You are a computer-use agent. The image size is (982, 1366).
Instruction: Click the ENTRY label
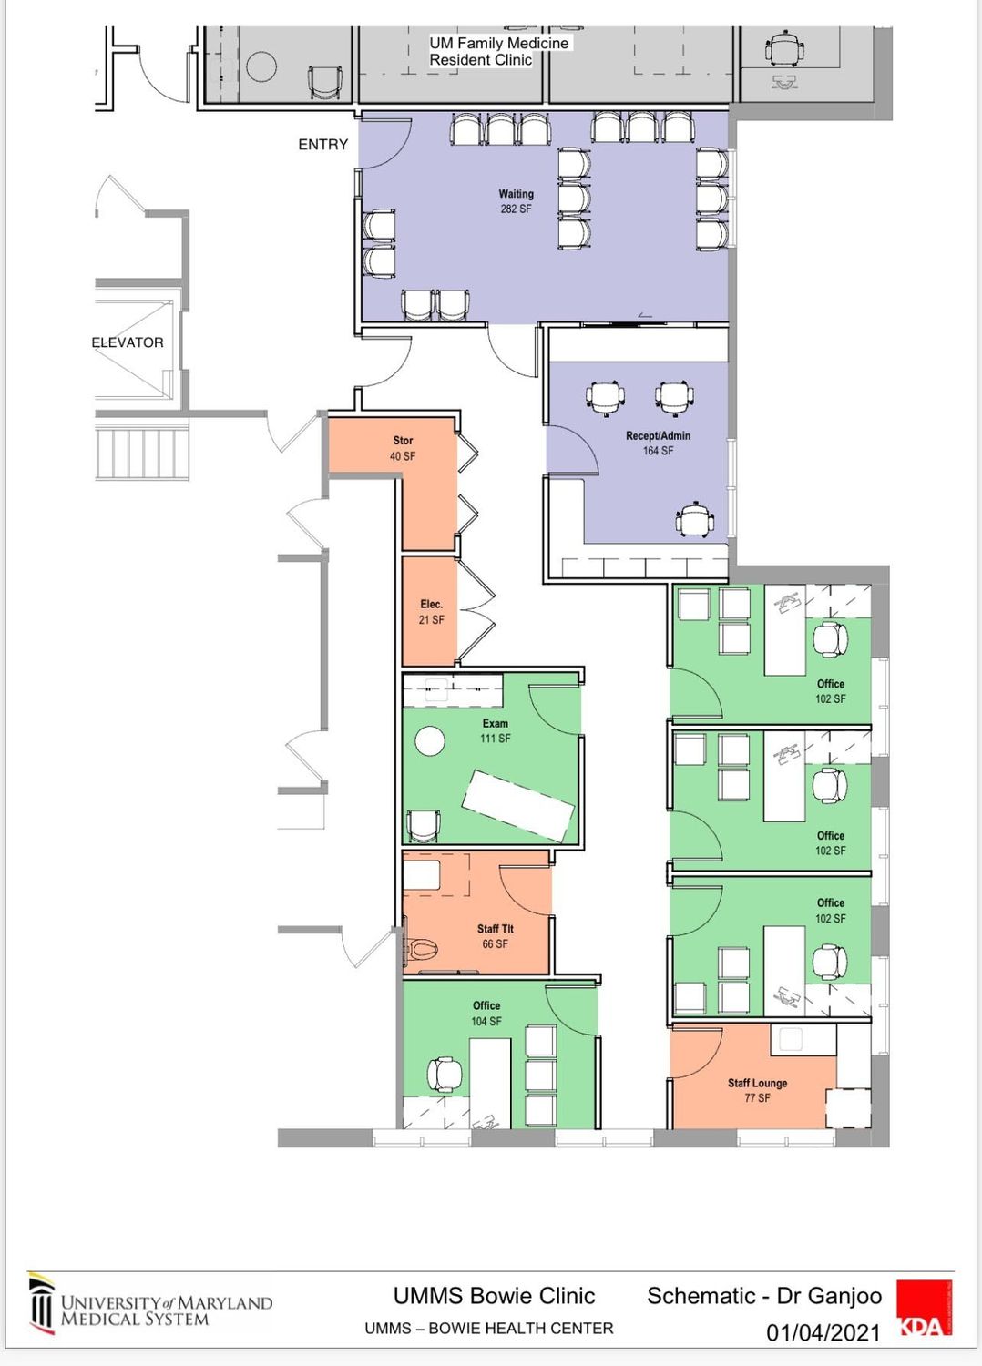coord(322,145)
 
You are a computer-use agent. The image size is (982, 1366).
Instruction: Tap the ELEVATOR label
coord(128,342)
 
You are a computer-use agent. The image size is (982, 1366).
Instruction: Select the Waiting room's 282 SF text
coord(516,209)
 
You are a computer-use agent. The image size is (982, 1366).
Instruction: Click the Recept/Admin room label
coord(658,435)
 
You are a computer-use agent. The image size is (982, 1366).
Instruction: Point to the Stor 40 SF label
coord(403,448)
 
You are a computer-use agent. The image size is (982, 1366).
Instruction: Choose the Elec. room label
coord(431,605)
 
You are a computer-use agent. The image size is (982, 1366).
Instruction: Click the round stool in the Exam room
coord(430,741)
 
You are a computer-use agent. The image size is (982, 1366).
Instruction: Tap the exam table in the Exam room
coord(517,806)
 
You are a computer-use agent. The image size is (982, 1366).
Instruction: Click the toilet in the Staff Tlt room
coord(422,948)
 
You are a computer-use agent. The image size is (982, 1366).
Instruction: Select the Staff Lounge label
coord(757,1083)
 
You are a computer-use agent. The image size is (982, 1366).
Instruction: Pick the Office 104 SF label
coord(486,1013)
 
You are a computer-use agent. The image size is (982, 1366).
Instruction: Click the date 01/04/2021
coord(823,1333)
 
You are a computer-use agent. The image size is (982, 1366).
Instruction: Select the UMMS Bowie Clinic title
coord(494,1295)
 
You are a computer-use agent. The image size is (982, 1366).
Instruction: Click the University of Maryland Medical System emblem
coord(42,1303)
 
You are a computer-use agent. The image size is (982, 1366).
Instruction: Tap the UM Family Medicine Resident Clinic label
coord(498,51)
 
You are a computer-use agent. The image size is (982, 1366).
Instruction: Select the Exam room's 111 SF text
coord(496,739)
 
